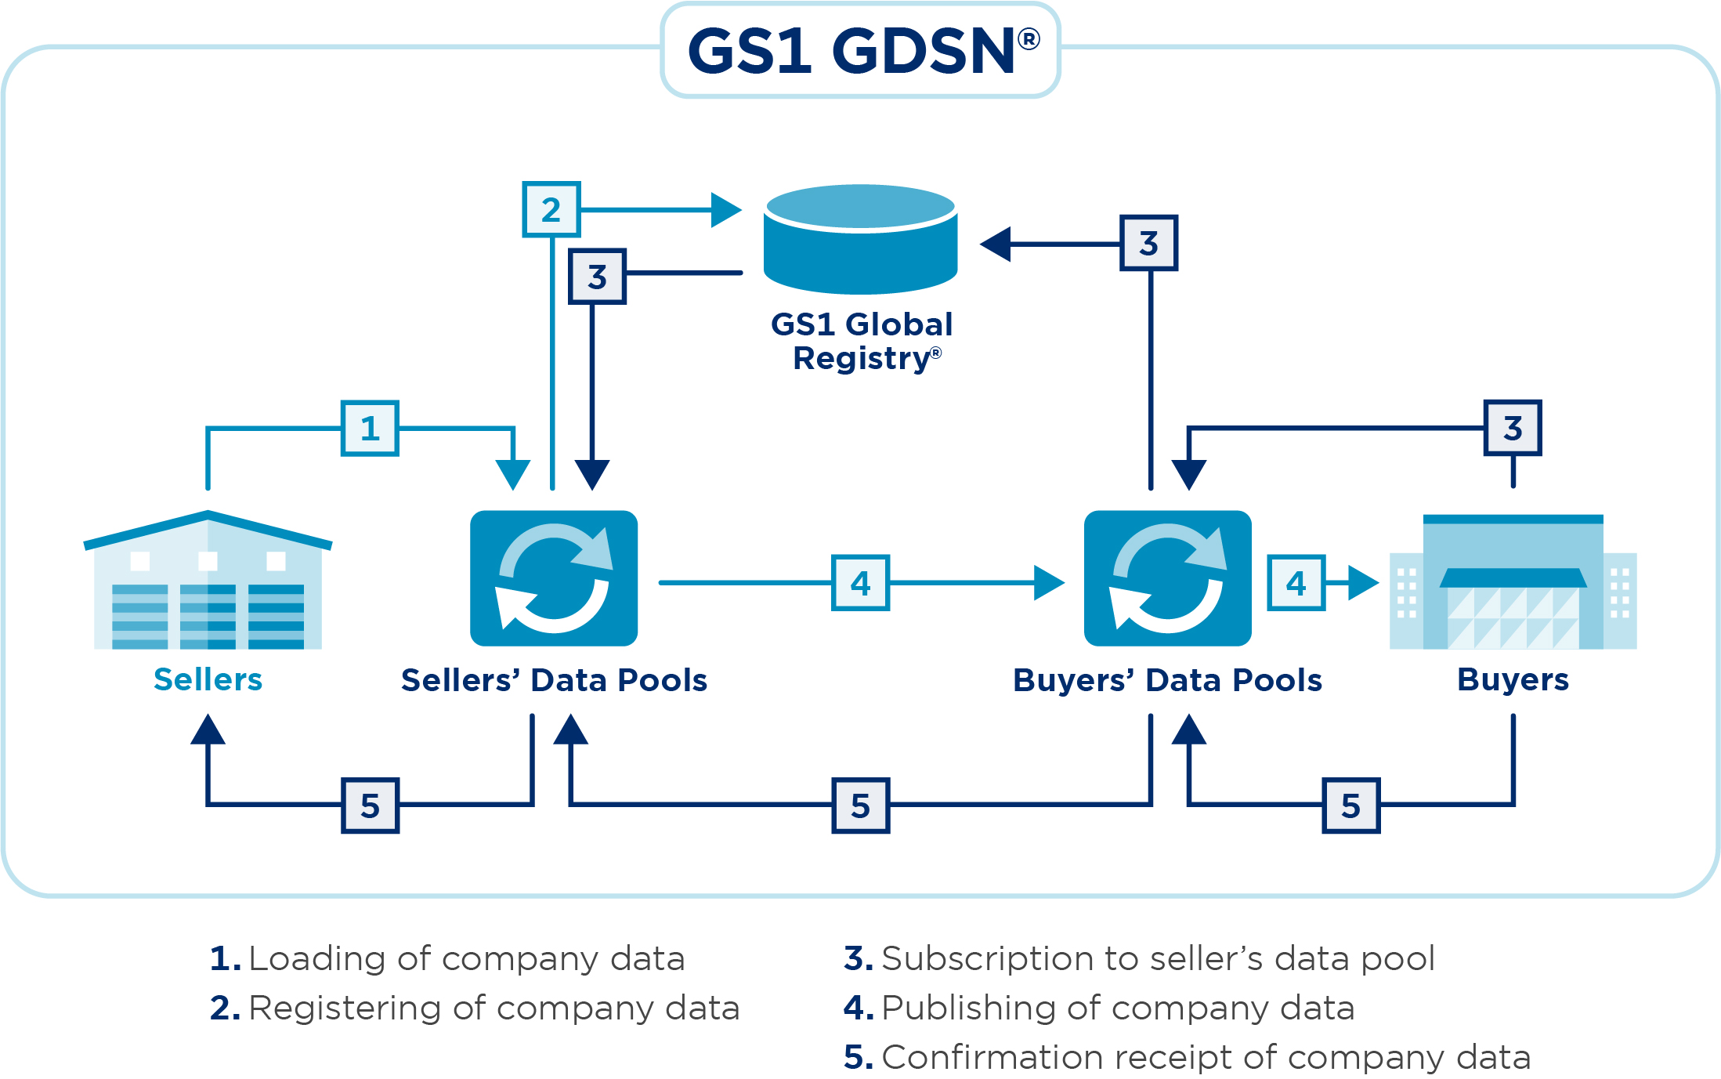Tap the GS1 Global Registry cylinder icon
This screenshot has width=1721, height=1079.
pos(860,239)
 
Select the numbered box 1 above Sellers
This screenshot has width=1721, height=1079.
pos(370,428)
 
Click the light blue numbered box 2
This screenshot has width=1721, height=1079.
pos(551,209)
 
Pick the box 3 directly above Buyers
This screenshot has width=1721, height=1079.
pos(1512,428)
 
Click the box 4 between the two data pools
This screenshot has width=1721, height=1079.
pos(860,582)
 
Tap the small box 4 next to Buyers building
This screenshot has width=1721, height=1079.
pos(1296,582)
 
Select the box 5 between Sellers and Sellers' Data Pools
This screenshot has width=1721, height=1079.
pos(370,805)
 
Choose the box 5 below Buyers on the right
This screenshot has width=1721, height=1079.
pos(1350,805)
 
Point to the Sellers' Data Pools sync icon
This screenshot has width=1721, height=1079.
pos(553,578)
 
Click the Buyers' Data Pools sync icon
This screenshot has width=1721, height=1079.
pos(1167,578)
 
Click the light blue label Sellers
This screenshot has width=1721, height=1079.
pos(208,679)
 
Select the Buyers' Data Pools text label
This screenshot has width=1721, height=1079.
pos(1167,680)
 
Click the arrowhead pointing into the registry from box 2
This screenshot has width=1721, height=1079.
pos(726,210)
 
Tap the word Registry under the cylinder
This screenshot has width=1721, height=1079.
pos(860,358)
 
